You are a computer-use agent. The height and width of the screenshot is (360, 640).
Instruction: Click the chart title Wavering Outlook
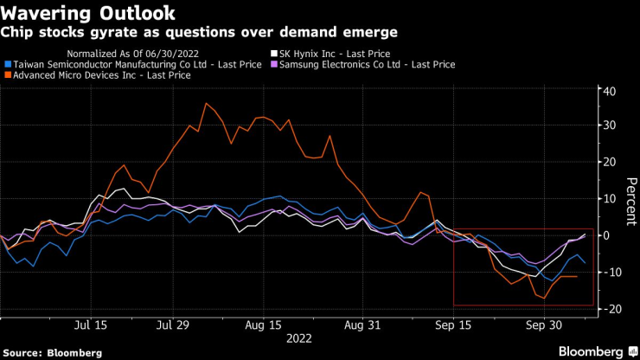pos(89,13)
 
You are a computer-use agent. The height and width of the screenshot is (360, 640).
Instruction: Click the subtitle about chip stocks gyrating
pos(199,32)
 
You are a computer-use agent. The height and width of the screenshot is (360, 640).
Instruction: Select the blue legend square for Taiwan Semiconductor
pos(8,64)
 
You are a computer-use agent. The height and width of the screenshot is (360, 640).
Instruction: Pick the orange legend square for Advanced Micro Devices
pos(8,75)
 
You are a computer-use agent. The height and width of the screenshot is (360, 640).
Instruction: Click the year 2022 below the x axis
pos(300,339)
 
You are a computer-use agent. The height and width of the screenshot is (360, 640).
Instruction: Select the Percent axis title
pos(632,199)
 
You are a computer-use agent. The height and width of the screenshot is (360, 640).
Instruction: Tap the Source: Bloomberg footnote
pos(52,352)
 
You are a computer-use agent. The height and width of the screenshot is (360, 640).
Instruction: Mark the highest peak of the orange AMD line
pos(206,104)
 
